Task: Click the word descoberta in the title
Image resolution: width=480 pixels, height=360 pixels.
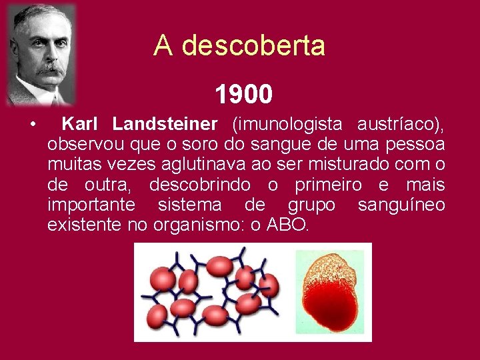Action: coord(253,46)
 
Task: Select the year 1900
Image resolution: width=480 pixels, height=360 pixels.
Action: coord(243,95)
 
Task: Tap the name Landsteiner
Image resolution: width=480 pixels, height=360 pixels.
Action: coord(165,124)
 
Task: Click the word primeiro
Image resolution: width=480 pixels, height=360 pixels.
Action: coord(326,185)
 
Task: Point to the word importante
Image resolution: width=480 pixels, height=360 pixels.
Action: coord(91,205)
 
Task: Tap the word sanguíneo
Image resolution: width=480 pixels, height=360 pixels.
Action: coord(401,205)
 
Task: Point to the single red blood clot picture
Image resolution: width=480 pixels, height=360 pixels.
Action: coord(329,292)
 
